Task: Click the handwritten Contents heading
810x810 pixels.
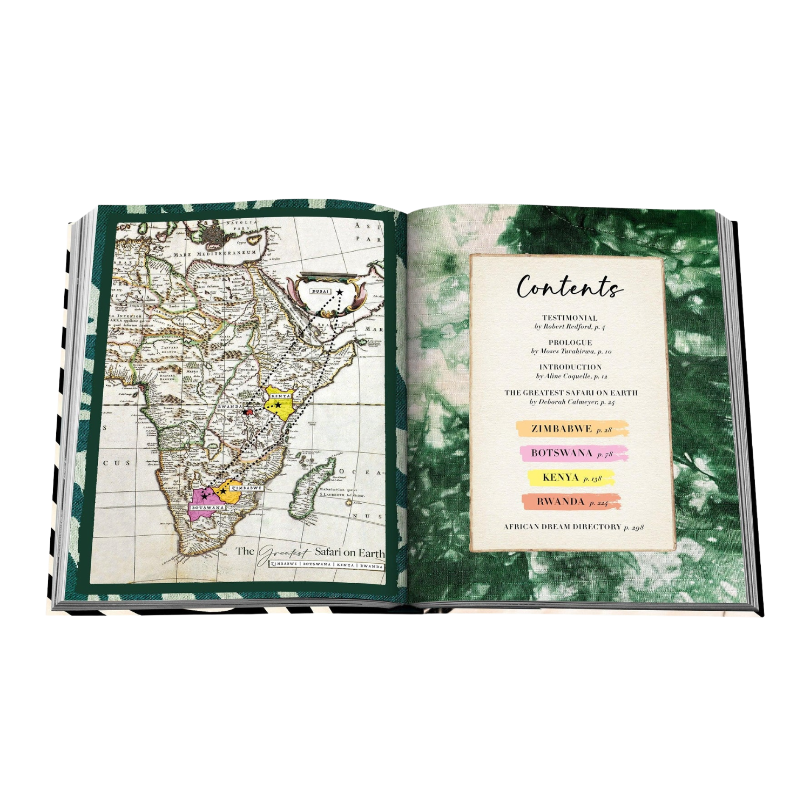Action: (x=569, y=287)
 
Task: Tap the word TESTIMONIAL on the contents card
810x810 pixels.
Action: (x=570, y=318)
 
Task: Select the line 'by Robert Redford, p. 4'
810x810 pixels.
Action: (x=570, y=327)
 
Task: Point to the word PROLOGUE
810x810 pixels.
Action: (x=570, y=342)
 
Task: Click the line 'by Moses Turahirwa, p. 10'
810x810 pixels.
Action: (x=571, y=351)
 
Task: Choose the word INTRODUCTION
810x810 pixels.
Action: (x=570, y=367)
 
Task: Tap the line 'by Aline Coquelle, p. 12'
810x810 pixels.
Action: (x=571, y=376)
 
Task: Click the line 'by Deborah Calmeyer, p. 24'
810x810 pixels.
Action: (x=572, y=402)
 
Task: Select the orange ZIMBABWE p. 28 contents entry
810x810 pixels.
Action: (x=572, y=429)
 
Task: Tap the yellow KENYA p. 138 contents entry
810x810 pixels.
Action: (x=572, y=477)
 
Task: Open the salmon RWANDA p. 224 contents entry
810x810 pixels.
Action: (x=572, y=502)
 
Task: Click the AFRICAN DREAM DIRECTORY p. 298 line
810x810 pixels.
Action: (x=573, y=526)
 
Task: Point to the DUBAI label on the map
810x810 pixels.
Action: (x=320, y=292)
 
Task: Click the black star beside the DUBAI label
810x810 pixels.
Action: (x=339, y=292)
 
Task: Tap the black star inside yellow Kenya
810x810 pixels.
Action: (x=278, y=405)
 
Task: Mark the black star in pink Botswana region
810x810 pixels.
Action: (x=205, y=496)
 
